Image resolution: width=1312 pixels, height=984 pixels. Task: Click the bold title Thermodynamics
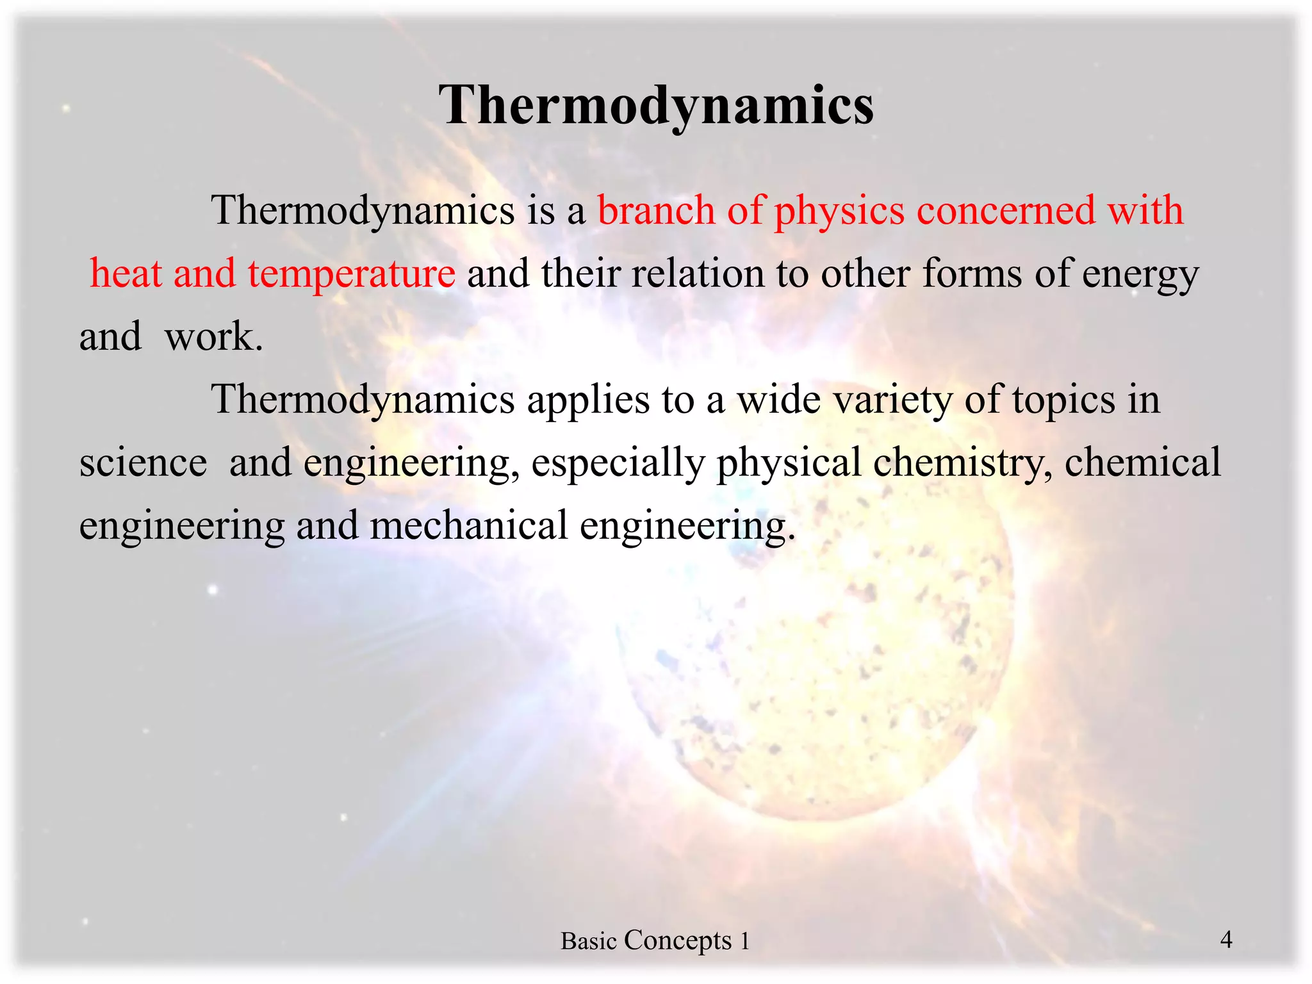pyautogui.click(x=656, y=106)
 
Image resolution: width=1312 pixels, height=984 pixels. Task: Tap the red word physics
pyautogui.click(x=839, y=211)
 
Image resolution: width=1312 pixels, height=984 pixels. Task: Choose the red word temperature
pyautogui.click(x=352, y=274)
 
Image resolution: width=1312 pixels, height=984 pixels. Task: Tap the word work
pyautogui.click(x=213, y=336)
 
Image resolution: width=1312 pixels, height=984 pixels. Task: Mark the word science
pyautogui.click(x=143, y=463)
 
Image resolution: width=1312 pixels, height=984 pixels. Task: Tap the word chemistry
pyautogui.click(x=962, y=463)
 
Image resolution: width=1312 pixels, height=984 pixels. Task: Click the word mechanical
pyautogui.click(x=469, y=525)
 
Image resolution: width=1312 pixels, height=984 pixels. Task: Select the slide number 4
pyautogui.click(x=1226, y=939)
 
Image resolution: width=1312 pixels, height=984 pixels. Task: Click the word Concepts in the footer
pyautogui.click(x=678, y=940)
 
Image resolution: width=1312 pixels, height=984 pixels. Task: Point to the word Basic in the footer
pyautogui.click(x=588, y=941)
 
